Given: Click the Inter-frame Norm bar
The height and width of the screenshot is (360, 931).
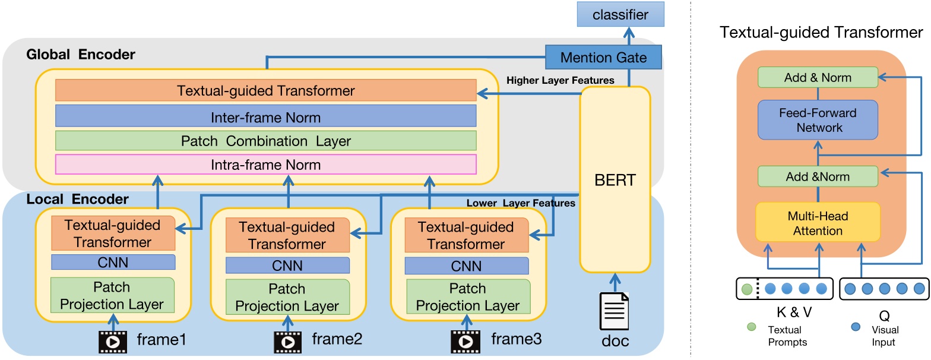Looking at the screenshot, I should pos(265,116).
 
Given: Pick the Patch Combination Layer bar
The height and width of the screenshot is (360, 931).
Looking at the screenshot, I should pos(265,141).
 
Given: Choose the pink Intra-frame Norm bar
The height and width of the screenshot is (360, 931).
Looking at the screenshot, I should pos(265,164).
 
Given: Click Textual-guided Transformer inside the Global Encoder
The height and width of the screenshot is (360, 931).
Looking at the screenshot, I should pos(265,90).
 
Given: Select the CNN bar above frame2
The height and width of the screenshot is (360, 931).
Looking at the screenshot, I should pos(287,264).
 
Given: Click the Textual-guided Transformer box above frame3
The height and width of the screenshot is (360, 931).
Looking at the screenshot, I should pos(462,235).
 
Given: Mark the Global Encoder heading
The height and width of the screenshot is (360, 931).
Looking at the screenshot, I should pos(81,55).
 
